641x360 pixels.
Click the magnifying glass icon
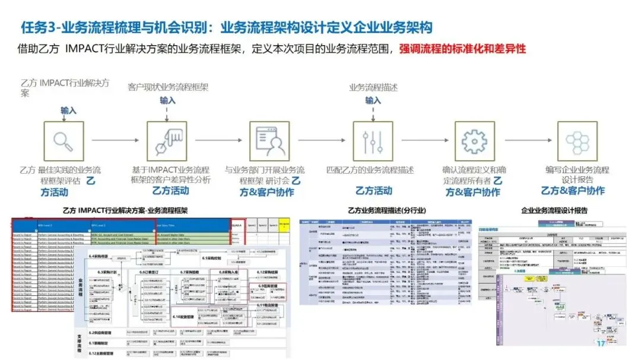pos(64,141)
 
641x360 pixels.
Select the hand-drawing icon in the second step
pos(167,141)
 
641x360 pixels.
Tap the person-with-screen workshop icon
pos(269,141)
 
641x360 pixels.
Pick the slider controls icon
pos(373,141)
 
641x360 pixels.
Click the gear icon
pos(474,141)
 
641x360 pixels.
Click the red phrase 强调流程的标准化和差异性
pos(462,49)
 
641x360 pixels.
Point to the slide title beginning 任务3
pos(226,27)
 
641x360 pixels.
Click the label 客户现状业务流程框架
pos(168,87)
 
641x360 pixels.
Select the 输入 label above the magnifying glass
pos(68,110)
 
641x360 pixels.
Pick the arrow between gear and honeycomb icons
pos(526,141)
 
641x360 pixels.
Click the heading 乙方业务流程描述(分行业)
pos(386,211)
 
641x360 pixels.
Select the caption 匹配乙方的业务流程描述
pos(370,170)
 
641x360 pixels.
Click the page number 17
pos(600,343)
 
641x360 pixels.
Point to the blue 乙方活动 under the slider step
pos(373,190)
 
